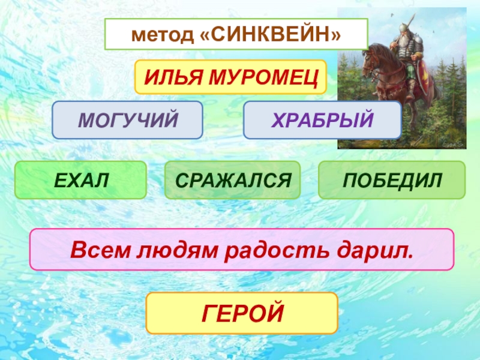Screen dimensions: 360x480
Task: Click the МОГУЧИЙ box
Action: pos(128,119)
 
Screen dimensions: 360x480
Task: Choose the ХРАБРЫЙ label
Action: pos(322,119)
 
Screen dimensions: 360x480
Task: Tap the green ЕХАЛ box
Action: pos(80,179)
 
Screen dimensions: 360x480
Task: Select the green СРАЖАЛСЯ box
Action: pos(232,179)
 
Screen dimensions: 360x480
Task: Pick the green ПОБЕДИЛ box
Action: pos(391,179)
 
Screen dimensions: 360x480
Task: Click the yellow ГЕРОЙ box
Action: pos(242,313)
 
